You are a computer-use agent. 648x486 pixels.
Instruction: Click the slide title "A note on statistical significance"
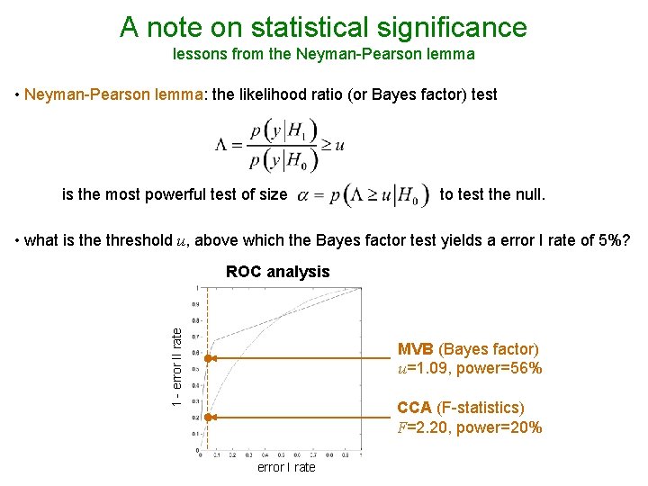[x=323, y=27]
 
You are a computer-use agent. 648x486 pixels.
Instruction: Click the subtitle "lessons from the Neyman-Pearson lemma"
[x=323, y=54]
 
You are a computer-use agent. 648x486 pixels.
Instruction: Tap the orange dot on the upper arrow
[x=207, y=358]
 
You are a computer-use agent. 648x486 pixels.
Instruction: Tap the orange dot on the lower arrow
[x=207, y=418]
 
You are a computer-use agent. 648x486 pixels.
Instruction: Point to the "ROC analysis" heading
[x=278, y=272]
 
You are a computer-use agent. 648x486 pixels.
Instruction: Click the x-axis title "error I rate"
[x=286, y=468]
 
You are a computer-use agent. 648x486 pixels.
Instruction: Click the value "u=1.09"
[x=427, y=369]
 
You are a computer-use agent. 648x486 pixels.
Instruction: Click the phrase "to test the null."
[x=492, y=193]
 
